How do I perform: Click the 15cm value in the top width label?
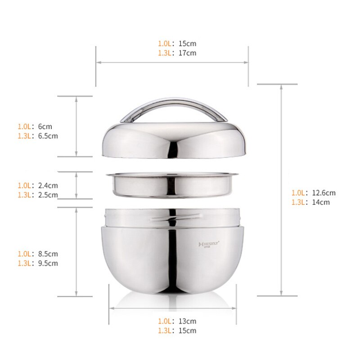coord(189,44)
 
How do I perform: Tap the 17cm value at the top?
coord(189,53)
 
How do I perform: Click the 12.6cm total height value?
coord(324,193)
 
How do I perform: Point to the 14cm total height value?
coord(321,202)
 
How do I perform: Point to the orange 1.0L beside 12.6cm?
coord(299,193)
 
